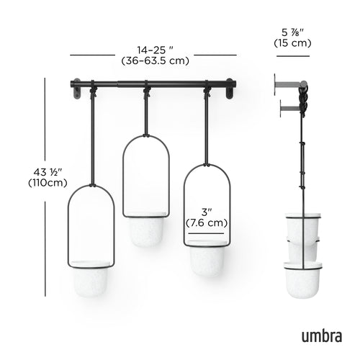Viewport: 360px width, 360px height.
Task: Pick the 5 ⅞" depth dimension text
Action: point(292,32)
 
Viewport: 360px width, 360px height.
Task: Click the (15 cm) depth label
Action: point(292,44)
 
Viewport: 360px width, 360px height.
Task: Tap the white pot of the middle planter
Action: point(146,230)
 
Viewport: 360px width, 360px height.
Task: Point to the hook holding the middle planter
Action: point(146,91)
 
